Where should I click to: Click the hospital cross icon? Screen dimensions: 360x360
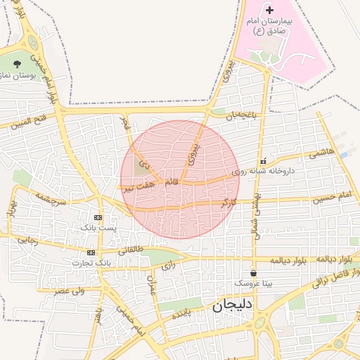point(269,10)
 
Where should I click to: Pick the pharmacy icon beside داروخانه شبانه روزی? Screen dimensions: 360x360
point(263,161)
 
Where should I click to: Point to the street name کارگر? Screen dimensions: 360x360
point(229,202)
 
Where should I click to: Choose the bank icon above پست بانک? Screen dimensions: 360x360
point(98,217)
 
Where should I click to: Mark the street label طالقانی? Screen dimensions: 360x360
point(130,250)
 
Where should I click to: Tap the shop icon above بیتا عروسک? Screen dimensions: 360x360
point(253,272)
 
